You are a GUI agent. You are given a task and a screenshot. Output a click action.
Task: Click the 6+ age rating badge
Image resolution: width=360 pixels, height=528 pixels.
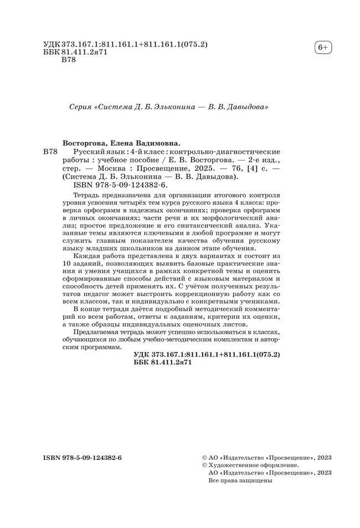[322, 48]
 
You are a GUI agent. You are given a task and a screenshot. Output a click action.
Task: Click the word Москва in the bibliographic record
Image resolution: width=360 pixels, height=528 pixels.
[113, 168]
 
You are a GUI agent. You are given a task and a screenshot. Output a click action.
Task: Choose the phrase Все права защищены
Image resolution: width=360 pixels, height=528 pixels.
[241, 481]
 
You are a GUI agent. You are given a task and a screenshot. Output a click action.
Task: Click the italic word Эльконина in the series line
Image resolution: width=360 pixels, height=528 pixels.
[168, 106]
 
